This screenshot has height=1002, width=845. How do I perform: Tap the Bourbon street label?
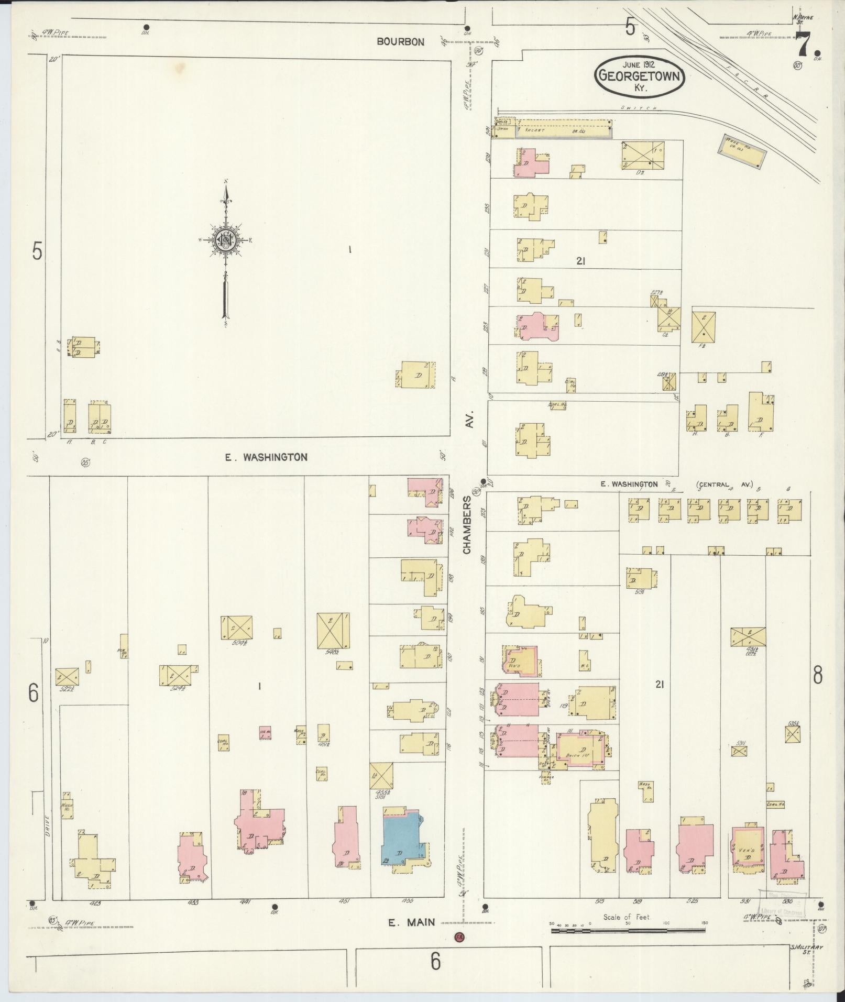[x=401, y=41]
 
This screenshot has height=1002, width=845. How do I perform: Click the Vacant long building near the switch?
[x=563, y=128]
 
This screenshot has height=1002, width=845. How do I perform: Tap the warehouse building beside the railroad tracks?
[x=741, y=150]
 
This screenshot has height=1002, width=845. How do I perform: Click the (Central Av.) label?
[x=725, y=485]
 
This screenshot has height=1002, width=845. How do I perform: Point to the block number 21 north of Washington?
[x=580, y=261]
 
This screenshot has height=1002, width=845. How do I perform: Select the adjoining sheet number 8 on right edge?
[x=817, y=676]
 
